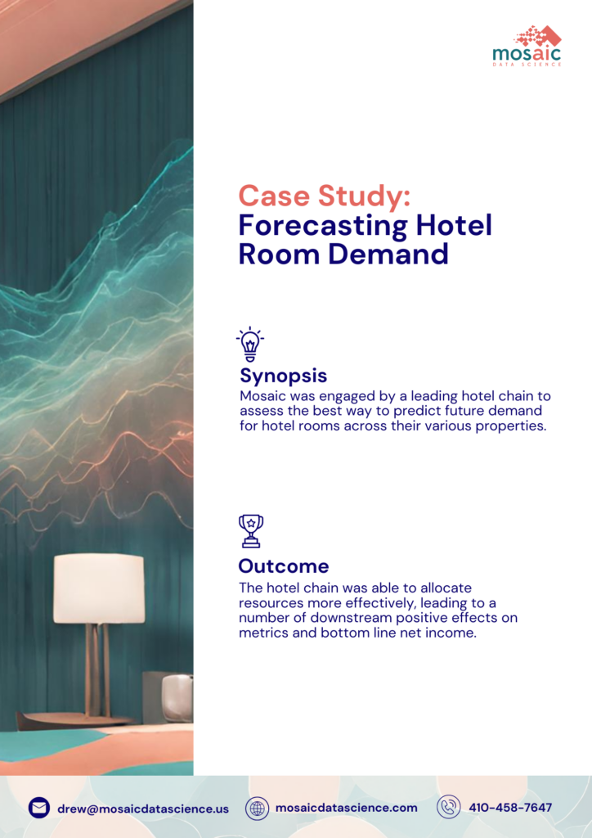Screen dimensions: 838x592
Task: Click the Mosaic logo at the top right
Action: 527,45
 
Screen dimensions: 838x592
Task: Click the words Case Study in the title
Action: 324,197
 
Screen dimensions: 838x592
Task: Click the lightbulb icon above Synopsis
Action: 249,345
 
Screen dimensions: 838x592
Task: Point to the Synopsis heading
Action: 283,376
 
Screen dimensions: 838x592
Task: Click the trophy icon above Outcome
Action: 250,531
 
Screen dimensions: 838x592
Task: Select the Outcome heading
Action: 284,565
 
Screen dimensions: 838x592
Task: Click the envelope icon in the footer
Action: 39,808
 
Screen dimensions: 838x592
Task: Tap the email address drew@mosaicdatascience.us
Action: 143,809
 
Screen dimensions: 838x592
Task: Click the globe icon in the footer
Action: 258,808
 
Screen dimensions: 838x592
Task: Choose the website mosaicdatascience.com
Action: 346,808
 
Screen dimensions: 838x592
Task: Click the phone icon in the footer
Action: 448,807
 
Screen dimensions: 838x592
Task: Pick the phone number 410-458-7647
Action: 510,808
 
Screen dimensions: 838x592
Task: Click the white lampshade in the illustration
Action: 99,588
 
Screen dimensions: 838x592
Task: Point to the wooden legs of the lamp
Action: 98,667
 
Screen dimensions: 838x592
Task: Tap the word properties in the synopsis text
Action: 512,426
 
